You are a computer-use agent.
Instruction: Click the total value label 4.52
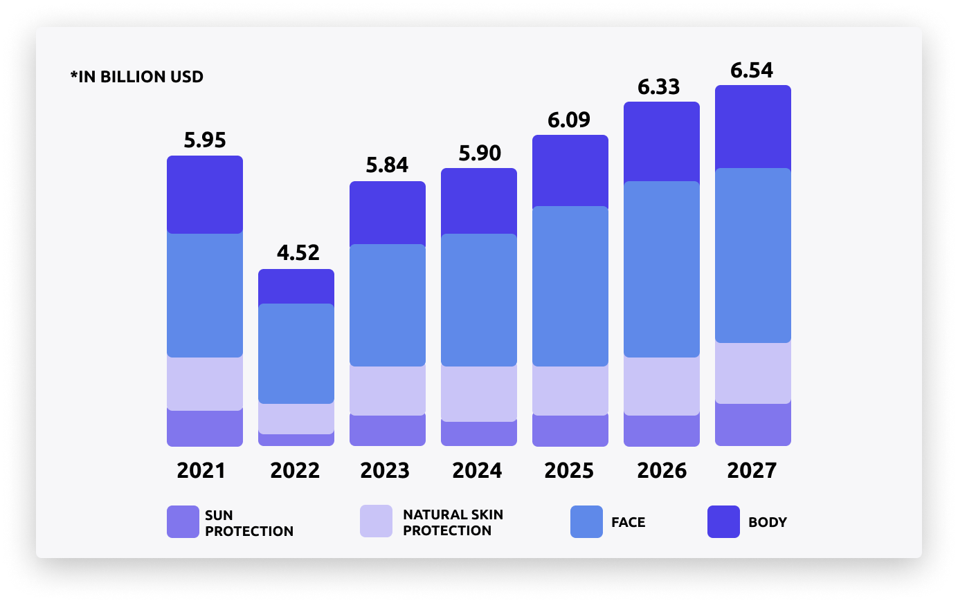click(x=298, y=253)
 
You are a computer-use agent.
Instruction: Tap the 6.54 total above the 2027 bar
click(x=752, y=71)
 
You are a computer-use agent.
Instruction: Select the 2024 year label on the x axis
click(x=478, y=471)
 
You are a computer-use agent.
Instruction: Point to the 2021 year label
click(x=201, y=471)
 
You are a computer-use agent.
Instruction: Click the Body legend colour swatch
click(x=723, y=522)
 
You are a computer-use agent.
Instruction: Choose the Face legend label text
click(x=628, y=523)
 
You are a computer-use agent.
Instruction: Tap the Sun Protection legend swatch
click(x=183, y=522)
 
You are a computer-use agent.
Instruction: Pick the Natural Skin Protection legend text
click(x=453, y=523)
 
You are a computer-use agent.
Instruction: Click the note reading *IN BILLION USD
click(x=137, y=77)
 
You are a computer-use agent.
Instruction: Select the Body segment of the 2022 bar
click(x=296, y=286)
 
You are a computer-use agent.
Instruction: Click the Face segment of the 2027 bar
click(x=753, y=255)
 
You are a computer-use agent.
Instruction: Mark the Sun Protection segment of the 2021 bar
click(x=205, y=428)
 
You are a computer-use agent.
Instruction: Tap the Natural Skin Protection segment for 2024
click(x=479, y=393)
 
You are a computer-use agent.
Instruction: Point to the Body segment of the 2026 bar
click(x=662, y=142)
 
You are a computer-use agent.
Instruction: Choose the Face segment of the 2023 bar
click(x=388, y=305)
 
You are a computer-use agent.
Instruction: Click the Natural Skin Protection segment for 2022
click(x=296, y=418)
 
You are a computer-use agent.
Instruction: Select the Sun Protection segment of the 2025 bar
click(x=570, y=430)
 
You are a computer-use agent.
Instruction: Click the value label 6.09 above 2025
click(x=569, y=120)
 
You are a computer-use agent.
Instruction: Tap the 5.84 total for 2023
click(x=387, y=165)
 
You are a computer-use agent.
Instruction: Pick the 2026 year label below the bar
click(x=662, y=471)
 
